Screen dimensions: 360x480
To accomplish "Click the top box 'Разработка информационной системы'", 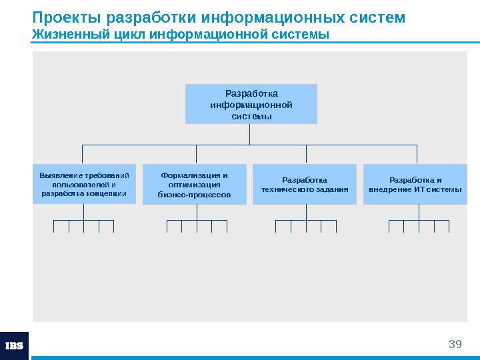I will [x=251, y=104].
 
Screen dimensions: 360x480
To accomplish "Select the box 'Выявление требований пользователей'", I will [x=84, y=184].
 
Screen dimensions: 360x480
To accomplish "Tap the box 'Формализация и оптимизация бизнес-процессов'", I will [x=194, y=185].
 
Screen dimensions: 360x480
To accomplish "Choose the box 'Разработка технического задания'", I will [x=305, y=185].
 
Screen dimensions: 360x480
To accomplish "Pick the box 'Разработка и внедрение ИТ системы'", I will [x=415, y=185].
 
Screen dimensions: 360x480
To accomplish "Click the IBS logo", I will [x=14, y=346].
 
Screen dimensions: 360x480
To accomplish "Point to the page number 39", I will [x=455, y=344].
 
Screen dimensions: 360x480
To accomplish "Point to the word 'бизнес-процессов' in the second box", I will [x=194, y=195].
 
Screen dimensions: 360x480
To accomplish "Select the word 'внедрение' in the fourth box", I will [x=391, y=189].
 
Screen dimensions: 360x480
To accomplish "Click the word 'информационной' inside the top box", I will [x=251, y=105].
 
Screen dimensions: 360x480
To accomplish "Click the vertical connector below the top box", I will [x=249, y=134].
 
